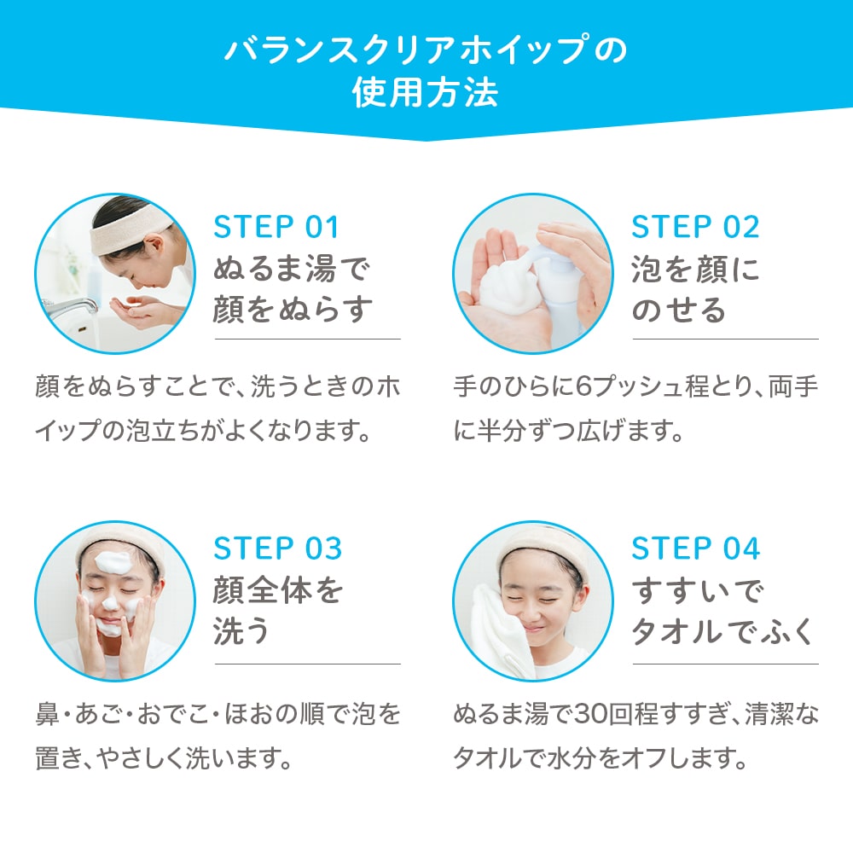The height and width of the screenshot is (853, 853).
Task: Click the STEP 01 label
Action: pos(276,227)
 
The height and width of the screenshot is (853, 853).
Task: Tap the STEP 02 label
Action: pos(695,227)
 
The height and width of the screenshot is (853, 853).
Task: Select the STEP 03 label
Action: pos(277,548)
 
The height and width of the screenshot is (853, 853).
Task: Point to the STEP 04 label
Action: pos(696,548)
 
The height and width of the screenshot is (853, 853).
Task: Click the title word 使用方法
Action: pos(426,92)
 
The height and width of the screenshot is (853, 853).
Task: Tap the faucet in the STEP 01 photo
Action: pos(71,308)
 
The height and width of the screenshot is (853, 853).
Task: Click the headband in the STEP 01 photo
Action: pos(128,232)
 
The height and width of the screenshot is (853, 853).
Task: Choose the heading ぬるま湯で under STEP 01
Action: pos(292,269)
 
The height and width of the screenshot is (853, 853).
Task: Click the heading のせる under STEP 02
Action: pos(679,310)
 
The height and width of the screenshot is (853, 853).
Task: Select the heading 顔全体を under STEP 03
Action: pos(278,590)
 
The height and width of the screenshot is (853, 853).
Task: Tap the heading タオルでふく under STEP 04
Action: pos(722,631)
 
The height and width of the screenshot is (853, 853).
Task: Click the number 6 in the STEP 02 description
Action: pos(583,387)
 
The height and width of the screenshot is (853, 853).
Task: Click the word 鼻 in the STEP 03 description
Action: pos(47,714)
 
